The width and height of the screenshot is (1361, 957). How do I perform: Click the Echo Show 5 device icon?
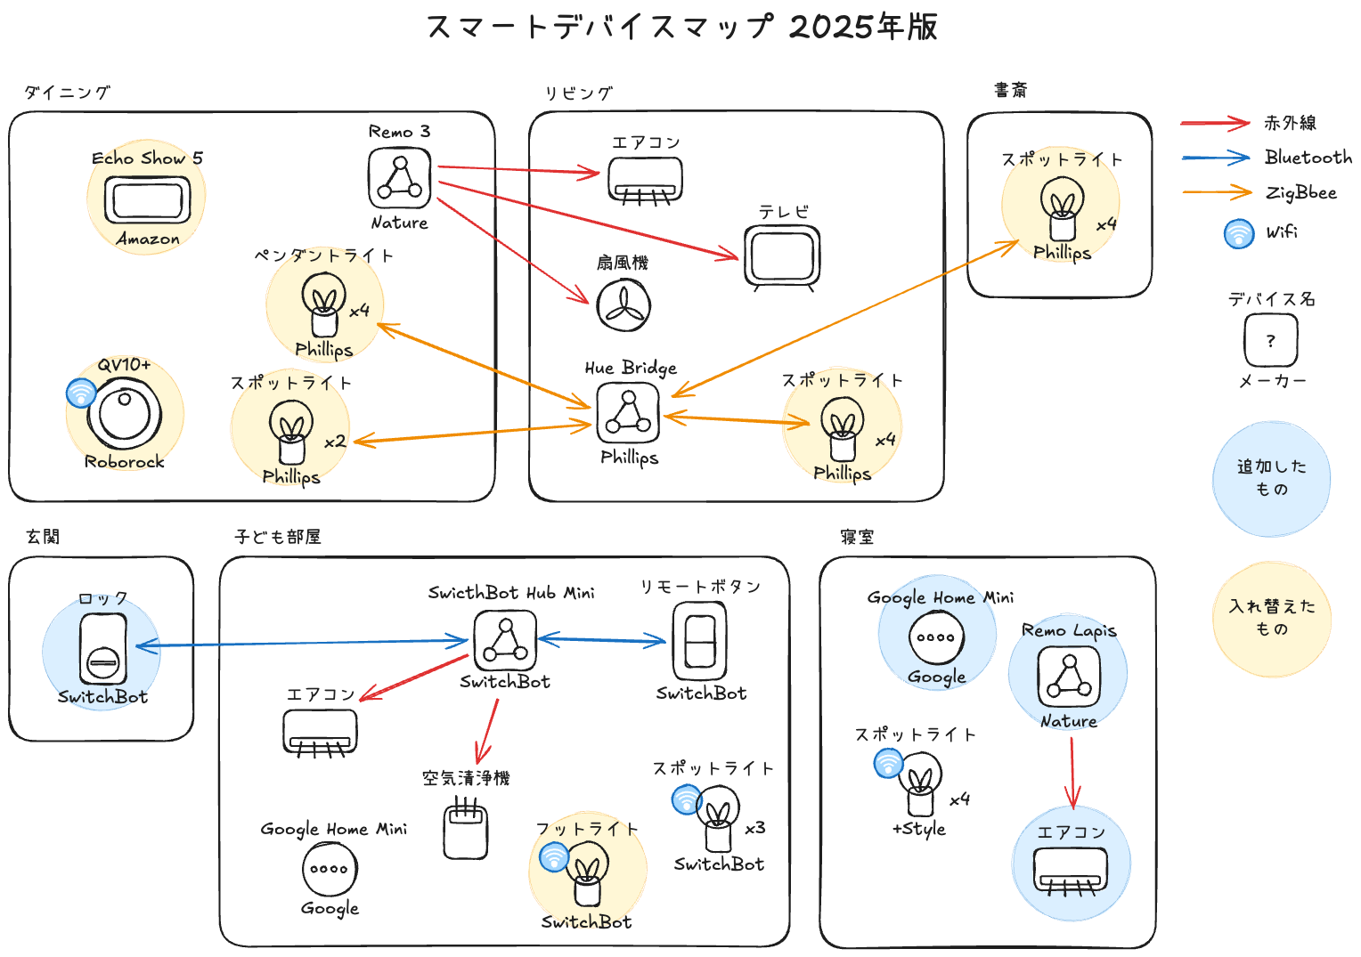tap(147, 199)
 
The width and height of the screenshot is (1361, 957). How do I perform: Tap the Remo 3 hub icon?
tap(399, 178)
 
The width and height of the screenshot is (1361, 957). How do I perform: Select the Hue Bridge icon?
tap(628, 413)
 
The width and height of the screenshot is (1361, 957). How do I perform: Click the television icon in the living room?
tap(782, 257)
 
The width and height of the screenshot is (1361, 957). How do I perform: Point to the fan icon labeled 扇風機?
tap(623, 305)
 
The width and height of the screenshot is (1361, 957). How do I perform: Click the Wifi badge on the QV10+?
tap(81, 393)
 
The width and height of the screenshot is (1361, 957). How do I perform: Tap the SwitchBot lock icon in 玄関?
tap(102, 649)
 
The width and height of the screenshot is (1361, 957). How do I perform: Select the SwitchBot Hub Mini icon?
tap(505, 640)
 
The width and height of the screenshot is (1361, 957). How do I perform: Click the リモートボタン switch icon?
tap(699, 641)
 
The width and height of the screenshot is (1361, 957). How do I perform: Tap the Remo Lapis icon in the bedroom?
tap(1069, 677)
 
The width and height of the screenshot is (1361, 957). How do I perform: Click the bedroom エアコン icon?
tap(1071, 871)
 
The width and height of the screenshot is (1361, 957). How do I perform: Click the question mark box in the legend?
tap(1271, 340)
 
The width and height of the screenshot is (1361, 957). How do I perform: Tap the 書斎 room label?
tap(1011, 90)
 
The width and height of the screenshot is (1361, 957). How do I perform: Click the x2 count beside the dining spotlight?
tap(335, 442)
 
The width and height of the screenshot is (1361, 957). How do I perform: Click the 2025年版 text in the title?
tap(863, 27)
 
